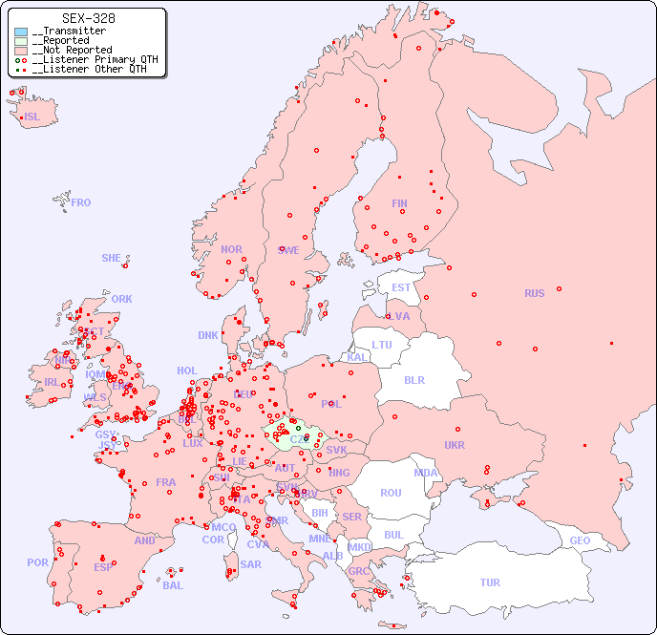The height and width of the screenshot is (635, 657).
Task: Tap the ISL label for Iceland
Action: click(32, 117)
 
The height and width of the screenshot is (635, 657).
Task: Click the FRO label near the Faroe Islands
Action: click(81, 202)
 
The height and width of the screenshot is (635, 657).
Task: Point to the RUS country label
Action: click(534, 293)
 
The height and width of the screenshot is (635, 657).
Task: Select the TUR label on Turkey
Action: click(490, 582)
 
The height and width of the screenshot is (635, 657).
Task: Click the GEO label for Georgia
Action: click(580, 540)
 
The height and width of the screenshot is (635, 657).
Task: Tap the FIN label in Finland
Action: click(399, 203)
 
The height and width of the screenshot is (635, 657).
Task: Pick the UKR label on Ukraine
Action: click(455, 445)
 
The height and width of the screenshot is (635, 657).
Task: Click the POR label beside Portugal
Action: click(37, 562)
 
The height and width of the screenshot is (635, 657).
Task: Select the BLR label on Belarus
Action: click(413, 379)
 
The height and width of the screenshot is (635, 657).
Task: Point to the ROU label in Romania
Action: click(391, 493)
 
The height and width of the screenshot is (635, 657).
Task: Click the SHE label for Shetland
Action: click(112, 258)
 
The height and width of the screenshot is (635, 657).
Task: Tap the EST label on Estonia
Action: click(401, 287)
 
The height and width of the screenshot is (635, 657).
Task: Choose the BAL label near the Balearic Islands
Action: click(173, 585)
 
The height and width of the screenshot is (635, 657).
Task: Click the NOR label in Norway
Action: click(231, 249)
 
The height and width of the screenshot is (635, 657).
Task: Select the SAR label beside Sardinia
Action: click(250, 563)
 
